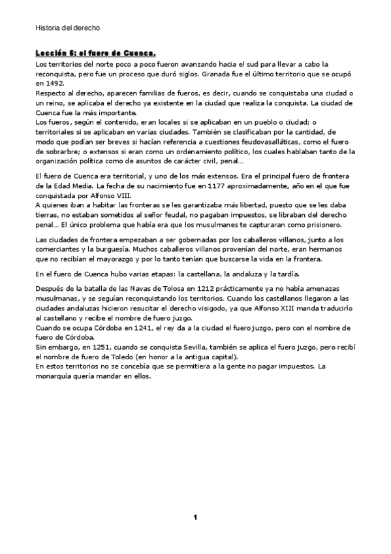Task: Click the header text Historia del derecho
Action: (67, 28)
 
